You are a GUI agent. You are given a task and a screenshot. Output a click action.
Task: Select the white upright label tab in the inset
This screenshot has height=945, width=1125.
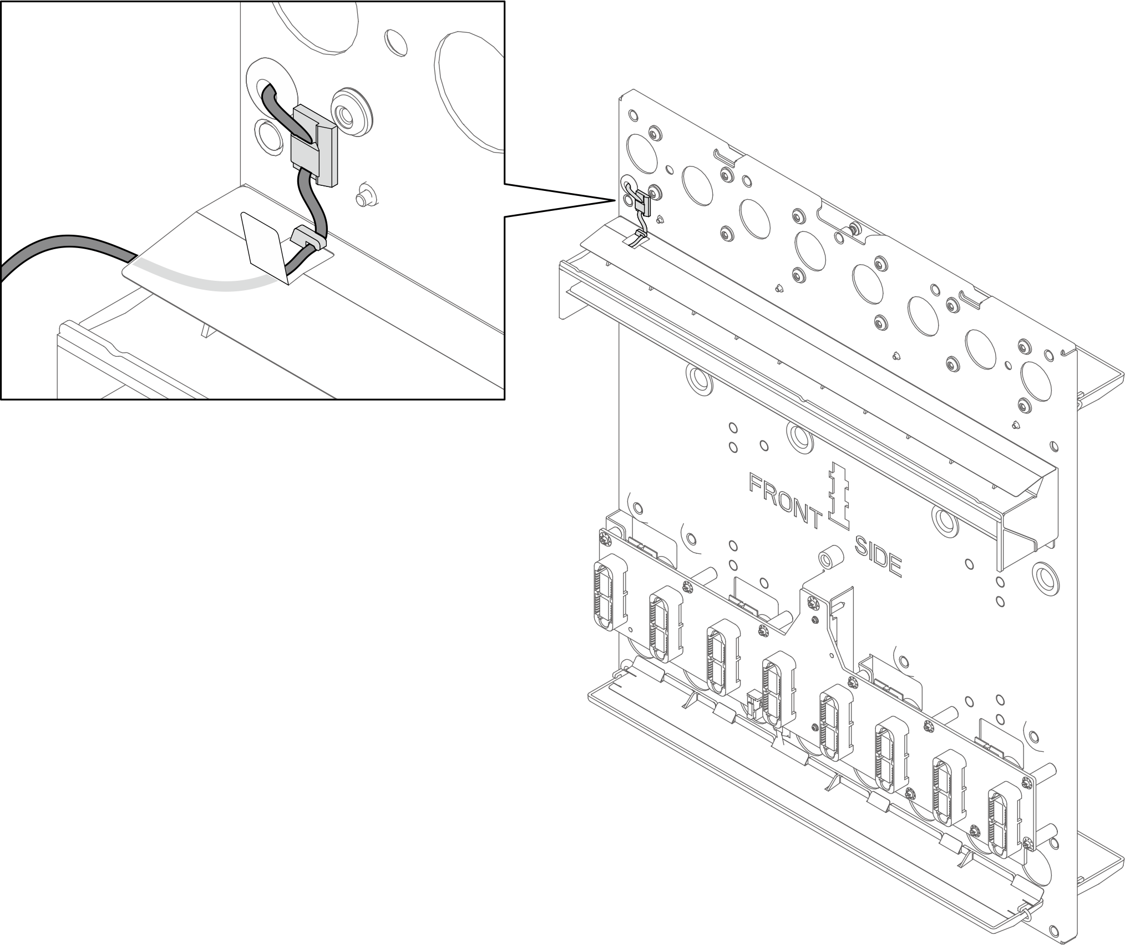[265, 247]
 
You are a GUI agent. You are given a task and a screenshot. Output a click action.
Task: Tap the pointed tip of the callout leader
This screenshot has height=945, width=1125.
[616, 200]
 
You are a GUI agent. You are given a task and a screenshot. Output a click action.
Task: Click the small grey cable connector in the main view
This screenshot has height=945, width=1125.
[643, 203]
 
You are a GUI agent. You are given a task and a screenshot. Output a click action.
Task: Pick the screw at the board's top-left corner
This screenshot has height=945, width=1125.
[604, 538]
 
